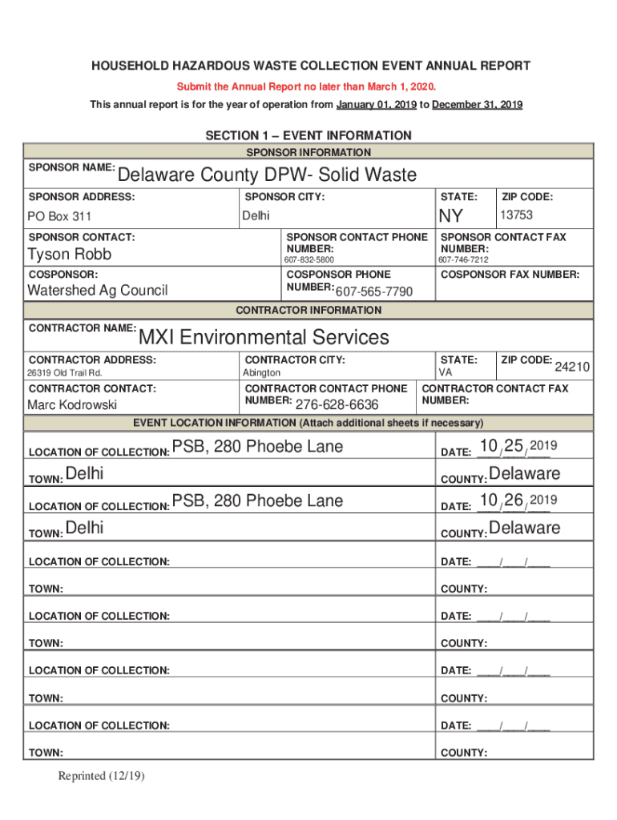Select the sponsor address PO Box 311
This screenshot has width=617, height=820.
click(x=59, y=216)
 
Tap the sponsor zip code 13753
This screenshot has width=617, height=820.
click(x=516, y=215)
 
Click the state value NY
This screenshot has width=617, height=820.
click(x=450, y=216)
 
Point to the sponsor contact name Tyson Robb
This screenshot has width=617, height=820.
click(x=70, y=255)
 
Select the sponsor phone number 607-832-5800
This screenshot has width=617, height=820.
click(x=309, y=260)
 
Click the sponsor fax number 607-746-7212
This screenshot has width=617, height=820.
click(x=463, y=260)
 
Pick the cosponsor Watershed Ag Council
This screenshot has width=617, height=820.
click(x=98, y=290)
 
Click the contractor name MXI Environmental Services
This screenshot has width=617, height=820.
click(x=264, y=337)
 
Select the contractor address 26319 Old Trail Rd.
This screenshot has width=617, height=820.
click(x=65, y=373)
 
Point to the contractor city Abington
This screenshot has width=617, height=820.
click(x=262, y=373)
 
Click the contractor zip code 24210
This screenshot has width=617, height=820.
click(x=572, y=367)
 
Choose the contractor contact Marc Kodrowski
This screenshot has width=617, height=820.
click(x=72, y=404)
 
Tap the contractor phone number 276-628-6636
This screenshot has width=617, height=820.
click(x=337, y=405)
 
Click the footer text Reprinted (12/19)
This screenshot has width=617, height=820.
click(x=101, y=775)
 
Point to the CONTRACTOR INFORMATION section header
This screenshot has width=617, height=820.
click(x=308, y=310)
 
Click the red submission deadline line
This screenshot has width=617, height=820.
click(x=308, y=86)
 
